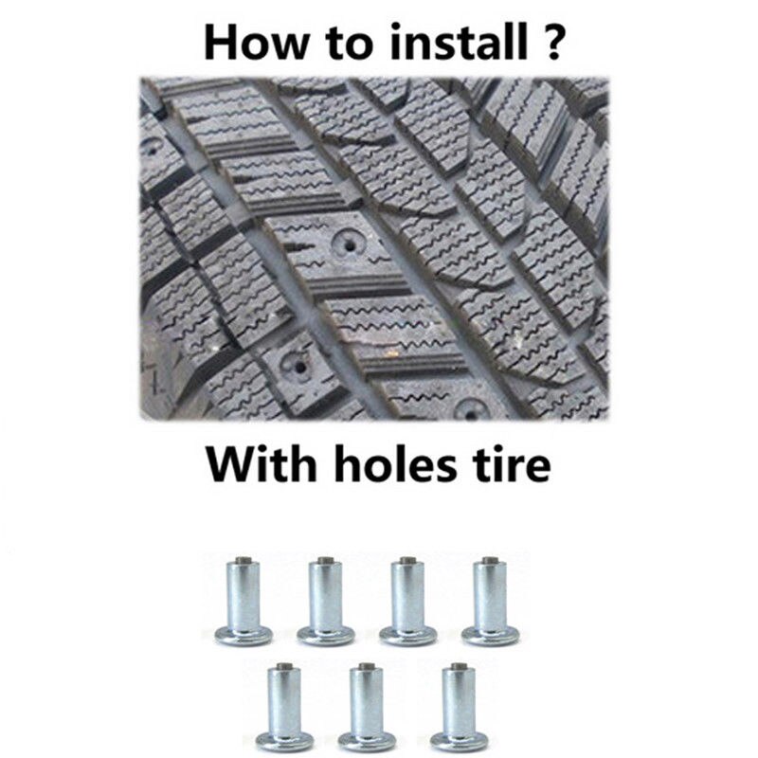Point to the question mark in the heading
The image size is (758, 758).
[x=549, y=43]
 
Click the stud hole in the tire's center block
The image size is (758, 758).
[x=349, y=244]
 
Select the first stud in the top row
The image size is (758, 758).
[x=244, y=602]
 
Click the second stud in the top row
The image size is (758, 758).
[x=326, y=602]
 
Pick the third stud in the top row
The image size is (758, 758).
[x=408, y=602]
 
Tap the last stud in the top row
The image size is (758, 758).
[x=490, y=602]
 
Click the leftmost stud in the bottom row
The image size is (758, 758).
[x=284, y=708]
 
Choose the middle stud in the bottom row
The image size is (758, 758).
[x=367, y=708]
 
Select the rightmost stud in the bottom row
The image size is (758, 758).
[x=459, y=708]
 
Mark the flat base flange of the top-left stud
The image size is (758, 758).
[x=244, y=636]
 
